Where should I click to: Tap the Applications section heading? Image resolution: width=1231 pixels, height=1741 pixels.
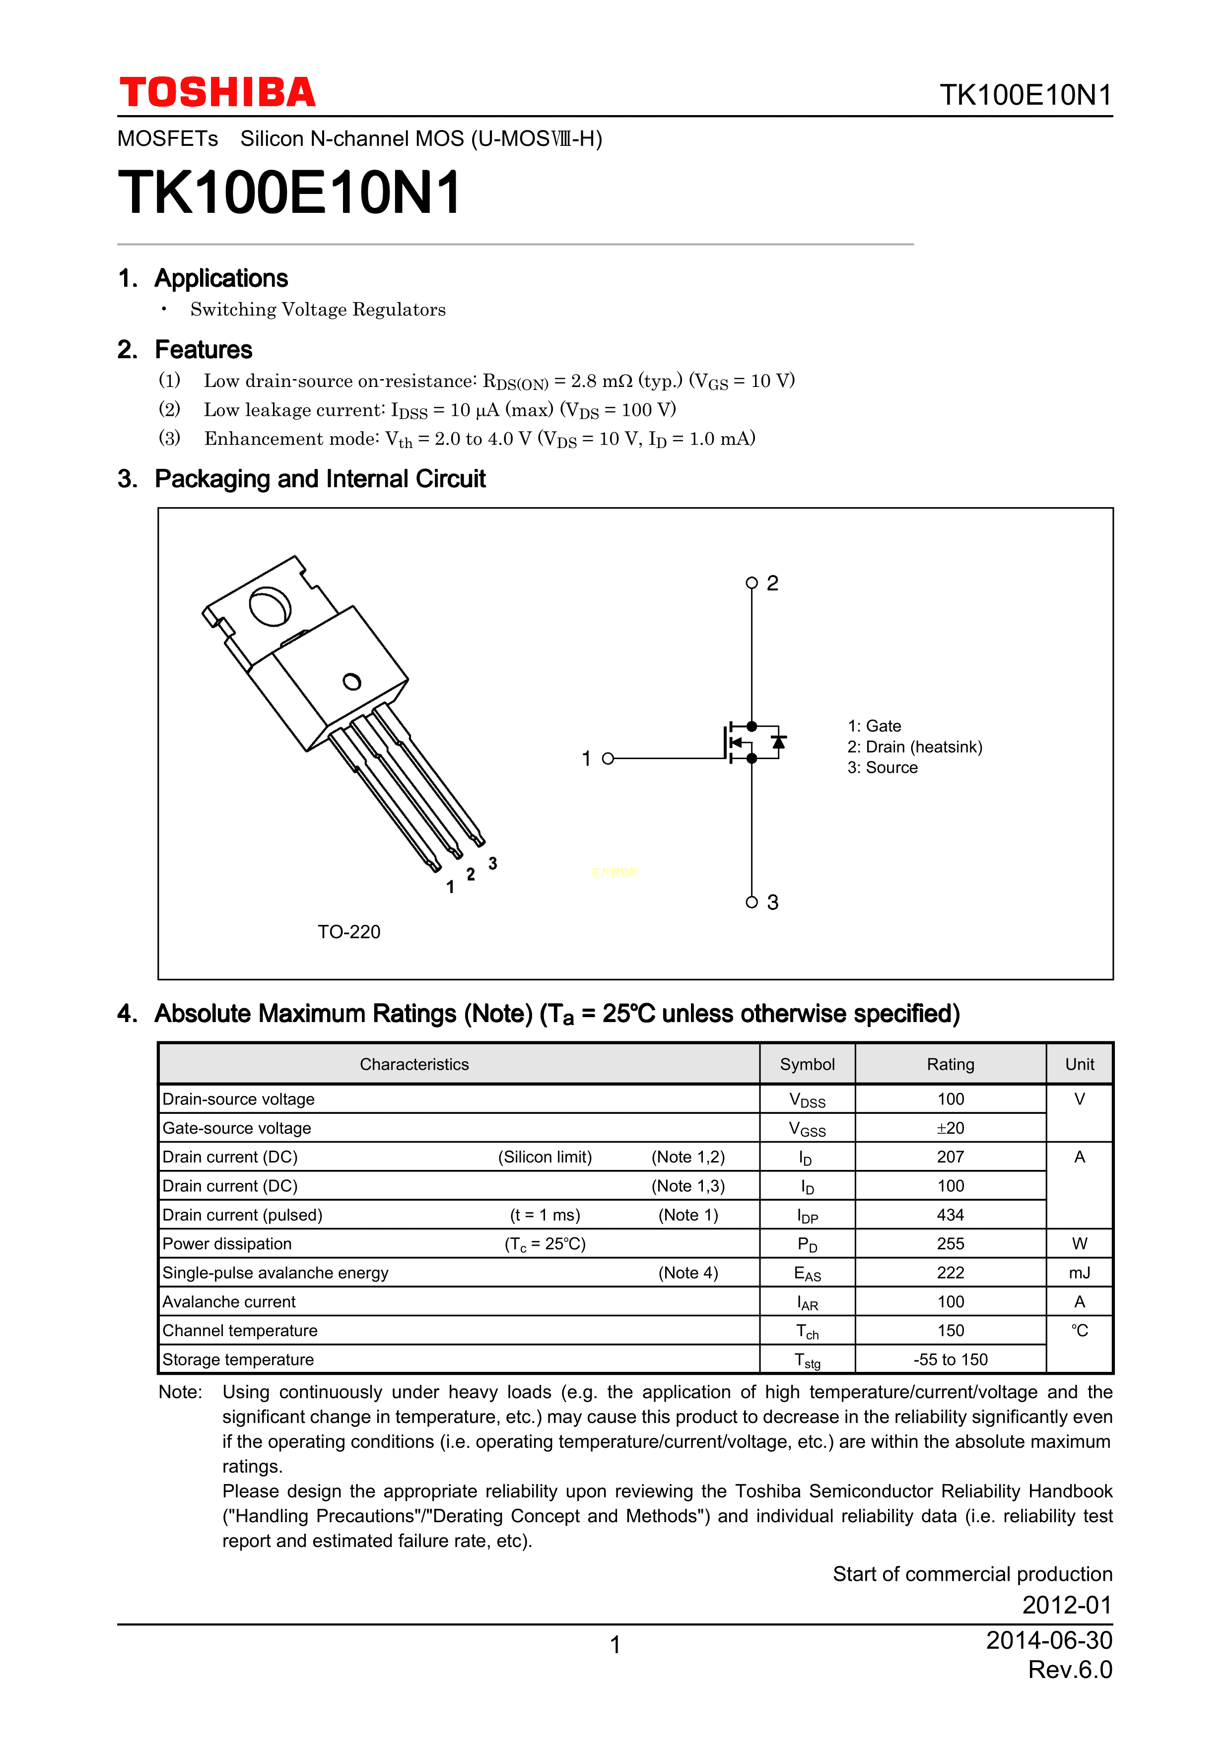pyautogui.click(x=221, y=278)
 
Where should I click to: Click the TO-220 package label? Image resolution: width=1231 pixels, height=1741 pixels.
pyautogui.click(x=349, y=932)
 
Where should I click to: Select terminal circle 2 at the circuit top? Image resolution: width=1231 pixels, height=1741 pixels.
pyautogui.click(x=752, y=583)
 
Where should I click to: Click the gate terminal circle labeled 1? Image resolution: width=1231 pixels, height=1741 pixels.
pyautogui.click(x=608, y=758)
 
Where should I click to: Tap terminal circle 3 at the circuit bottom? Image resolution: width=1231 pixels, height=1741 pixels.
pyautogui.click(x=752, y=902)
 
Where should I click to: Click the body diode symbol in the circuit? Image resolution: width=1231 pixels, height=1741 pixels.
pyautogui.click(x=778, y=742)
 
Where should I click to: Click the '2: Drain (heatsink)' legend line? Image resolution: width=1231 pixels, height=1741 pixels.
pyautogui.click(x=915, y=747)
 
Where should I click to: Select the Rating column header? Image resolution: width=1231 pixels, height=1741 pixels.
pyautogui.click(x=951, y=1065)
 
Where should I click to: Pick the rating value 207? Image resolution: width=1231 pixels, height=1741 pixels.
pyautogui.click(x=951, y=1157)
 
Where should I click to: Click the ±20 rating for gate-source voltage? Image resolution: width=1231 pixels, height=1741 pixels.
pyautogui.click(x=951, y=1128)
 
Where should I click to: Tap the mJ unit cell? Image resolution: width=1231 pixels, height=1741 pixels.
pyautogui.click(x=1079, y=1273)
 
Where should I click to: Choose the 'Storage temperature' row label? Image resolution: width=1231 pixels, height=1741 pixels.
pyautogui.click(x=238, y=1359)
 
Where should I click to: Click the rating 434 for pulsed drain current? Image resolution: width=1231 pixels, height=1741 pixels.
pyautogui.click(x=951, y=1215)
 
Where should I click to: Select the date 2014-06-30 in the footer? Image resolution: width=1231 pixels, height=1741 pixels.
pyautogui.click(x=1049, y=1640)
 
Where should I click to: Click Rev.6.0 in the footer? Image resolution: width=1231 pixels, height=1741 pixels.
pyautogui.click(x=1070, y=1670)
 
